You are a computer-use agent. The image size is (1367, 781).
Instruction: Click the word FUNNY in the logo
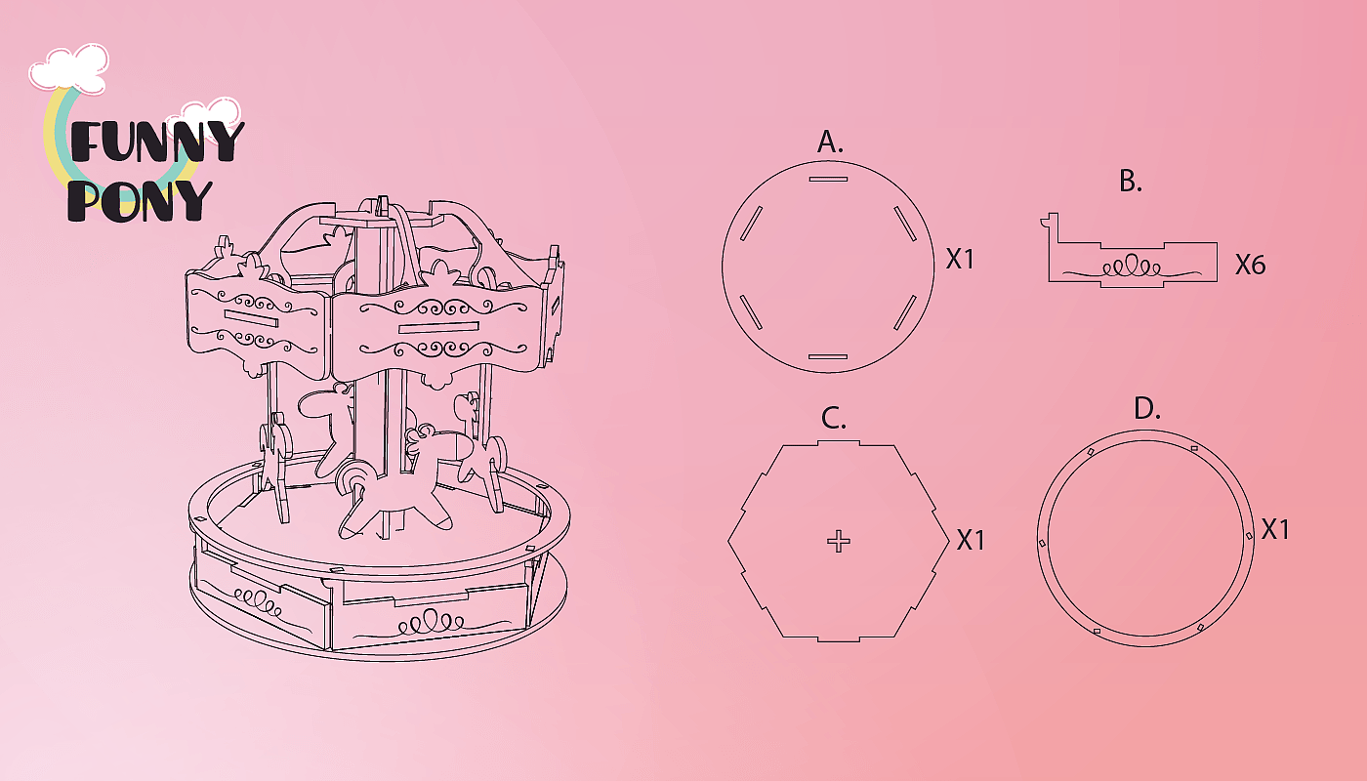coord(157,142)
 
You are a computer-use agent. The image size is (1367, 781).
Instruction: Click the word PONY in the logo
coord(140,201)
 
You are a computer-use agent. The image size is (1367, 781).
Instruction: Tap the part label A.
coord(830,143)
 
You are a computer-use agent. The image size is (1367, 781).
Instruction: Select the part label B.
coord(1131,182)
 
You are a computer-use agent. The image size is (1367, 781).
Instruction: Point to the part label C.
coord(834,419)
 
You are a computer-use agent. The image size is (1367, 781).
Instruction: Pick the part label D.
coord(1147,408)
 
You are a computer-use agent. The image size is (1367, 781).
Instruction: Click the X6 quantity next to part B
coord(1251,265)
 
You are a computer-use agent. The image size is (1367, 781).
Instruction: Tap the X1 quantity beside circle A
coord(960,260)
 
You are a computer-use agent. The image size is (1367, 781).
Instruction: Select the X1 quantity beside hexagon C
coord(971,540)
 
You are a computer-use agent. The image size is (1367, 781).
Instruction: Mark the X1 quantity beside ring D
coord(1275,529)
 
